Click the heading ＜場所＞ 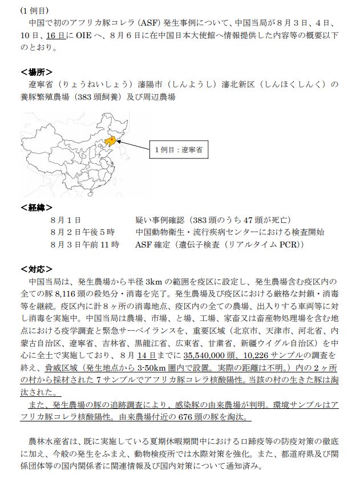point(37,72)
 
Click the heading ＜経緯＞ point(37,207)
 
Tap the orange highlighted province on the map point(114,139)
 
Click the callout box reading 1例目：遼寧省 point(179,151)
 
